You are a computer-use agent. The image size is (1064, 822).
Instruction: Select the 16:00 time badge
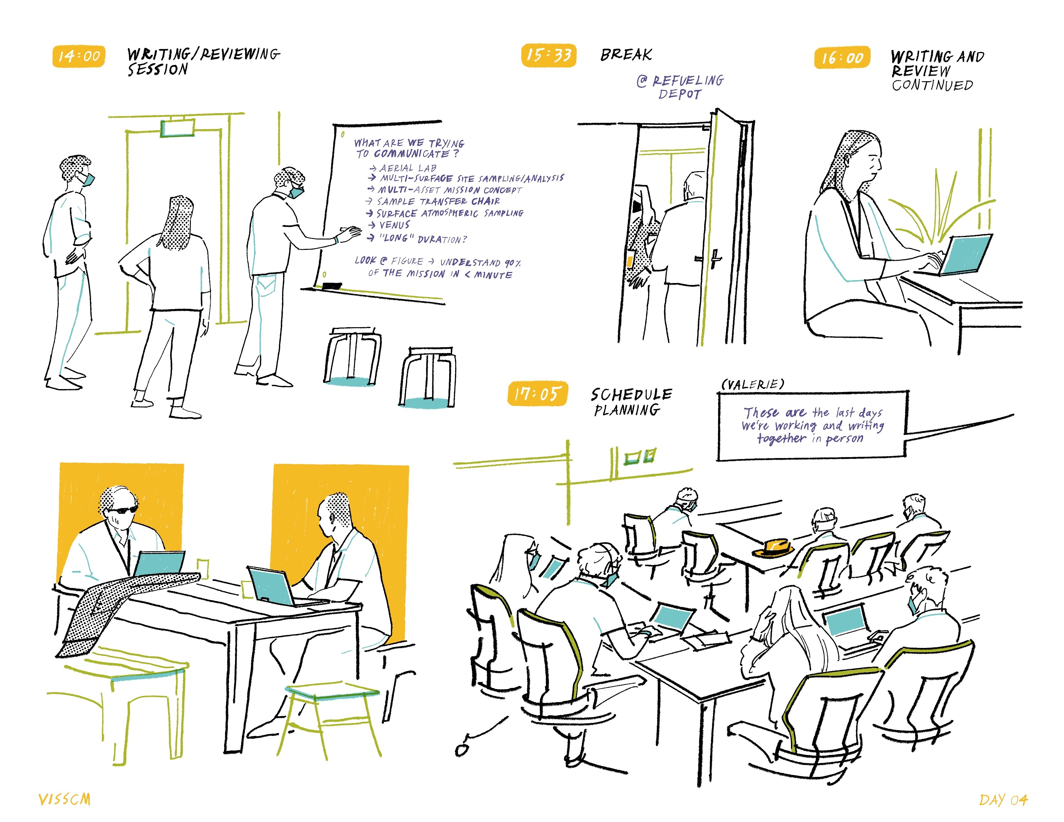pos(842,58)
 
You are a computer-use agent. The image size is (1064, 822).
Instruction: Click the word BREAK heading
pos(626,54)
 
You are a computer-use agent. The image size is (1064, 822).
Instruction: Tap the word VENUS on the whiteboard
pos(395,225)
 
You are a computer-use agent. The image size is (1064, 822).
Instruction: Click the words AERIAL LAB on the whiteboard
pos(408,168)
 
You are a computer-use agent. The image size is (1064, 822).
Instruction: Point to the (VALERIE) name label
pos(753,385)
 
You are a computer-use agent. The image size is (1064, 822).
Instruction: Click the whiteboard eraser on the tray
pos(332,286)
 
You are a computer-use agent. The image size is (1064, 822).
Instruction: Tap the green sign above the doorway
pos(177,129)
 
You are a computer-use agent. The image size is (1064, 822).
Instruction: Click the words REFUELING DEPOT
pos(682,87)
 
